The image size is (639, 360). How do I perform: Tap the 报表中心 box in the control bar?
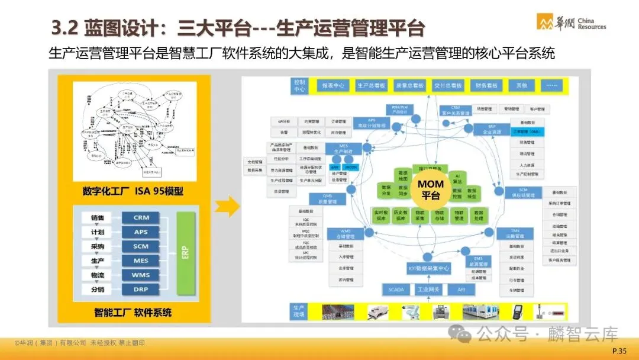coord(333,85)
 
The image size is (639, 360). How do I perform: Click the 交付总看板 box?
coord(447,85)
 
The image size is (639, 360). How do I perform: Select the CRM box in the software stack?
coord(141,217)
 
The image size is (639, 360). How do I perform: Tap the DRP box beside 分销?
coord(141,290)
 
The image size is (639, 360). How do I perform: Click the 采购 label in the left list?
coord(98,246)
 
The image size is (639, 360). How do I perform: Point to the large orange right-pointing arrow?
coord(227,207)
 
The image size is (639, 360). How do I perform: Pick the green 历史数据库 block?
coord(401,215)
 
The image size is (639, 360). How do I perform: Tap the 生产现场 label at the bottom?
coord(299,310)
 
